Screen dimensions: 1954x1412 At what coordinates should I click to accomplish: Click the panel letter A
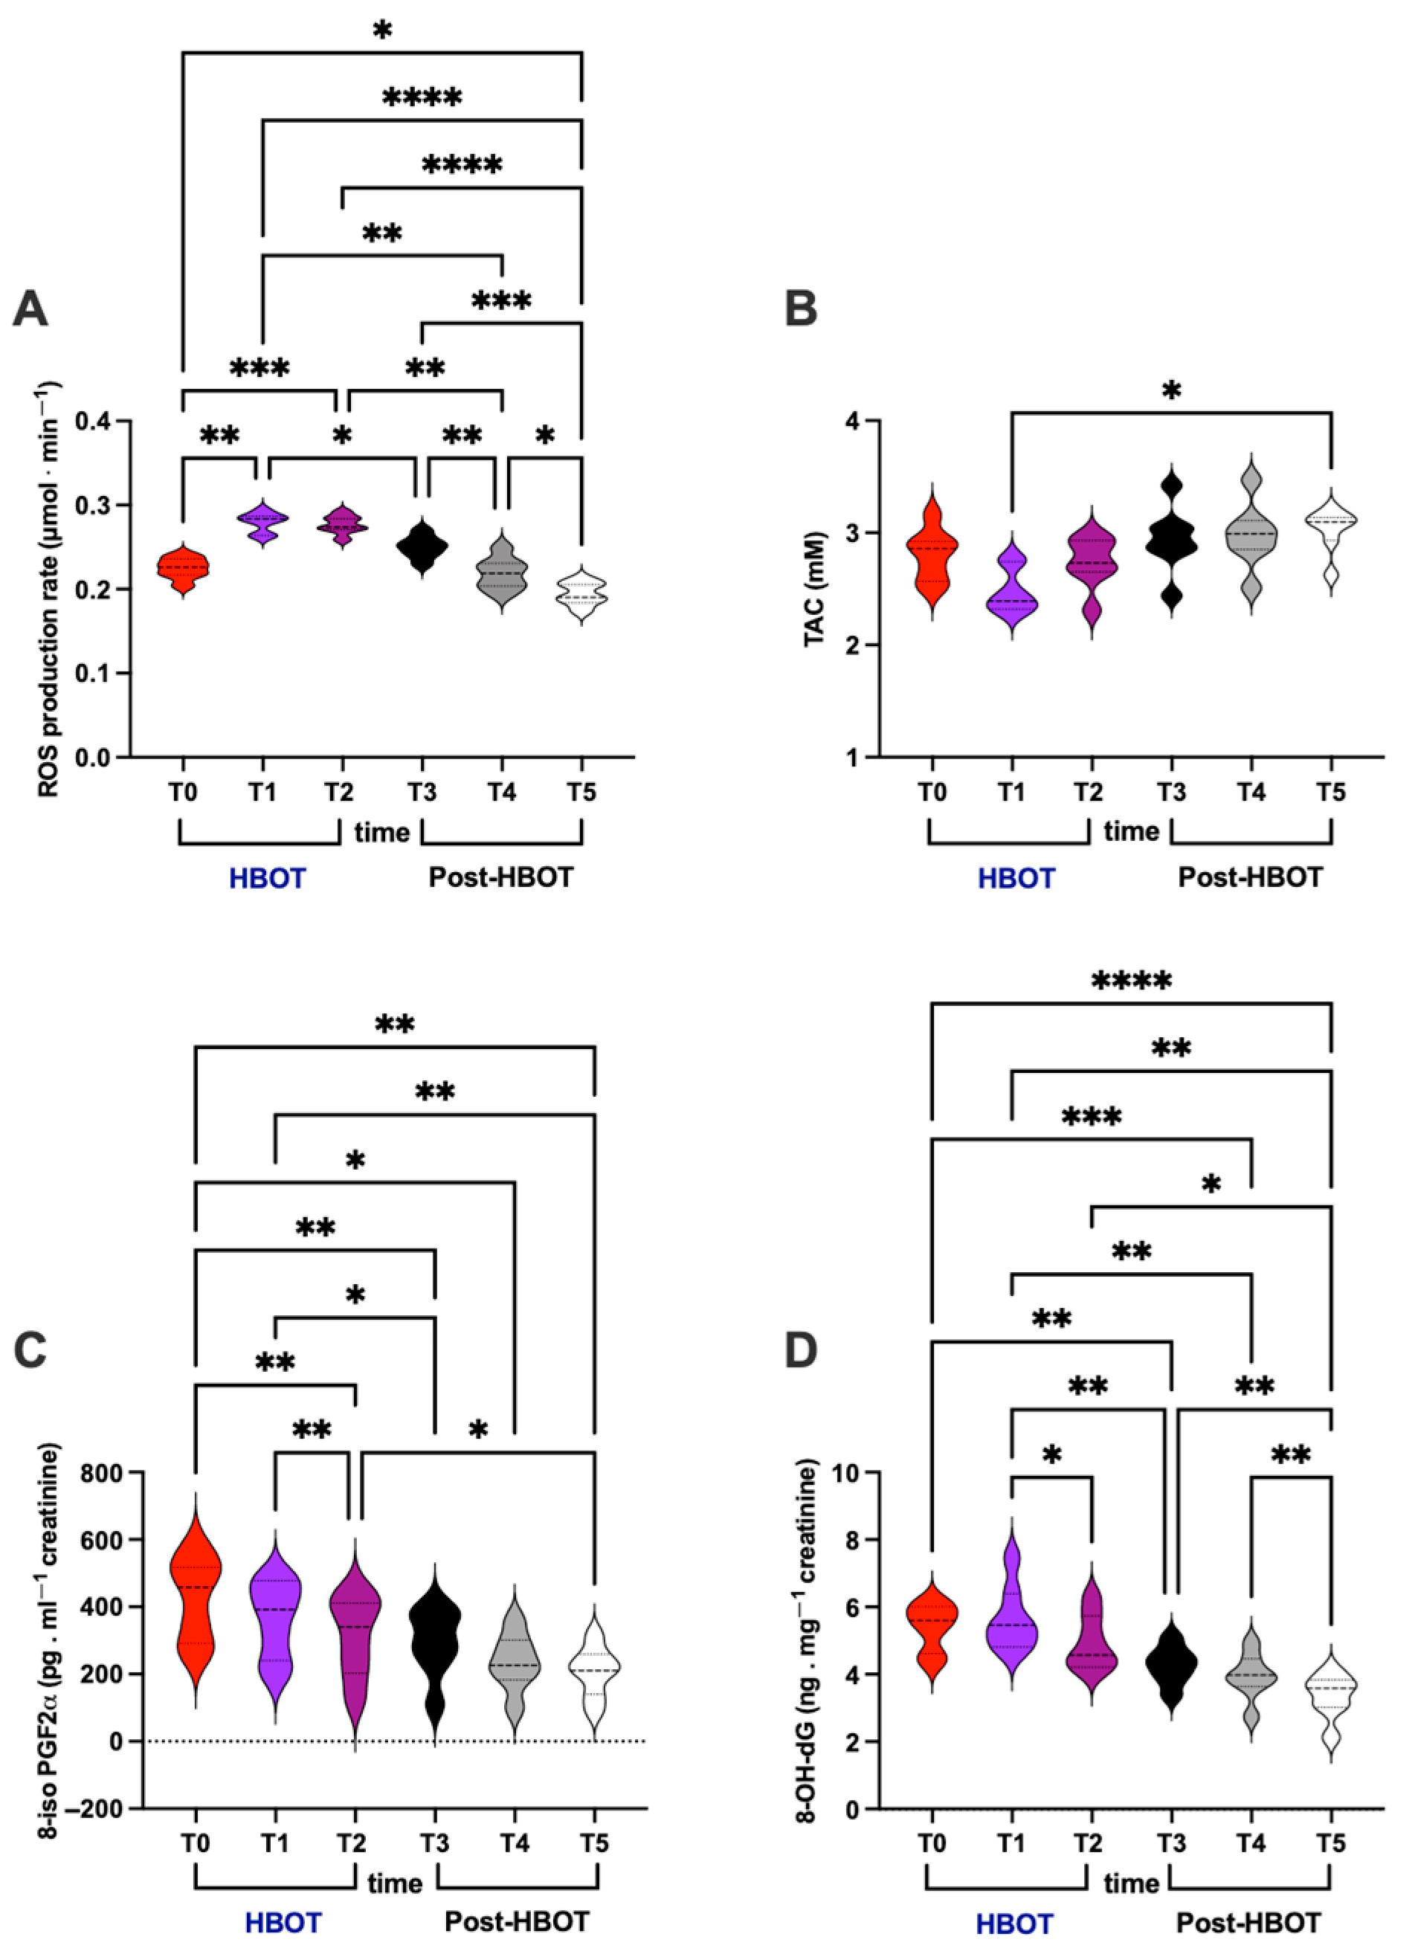tap(30, 309)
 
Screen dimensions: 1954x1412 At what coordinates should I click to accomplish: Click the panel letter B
tap(802, 309)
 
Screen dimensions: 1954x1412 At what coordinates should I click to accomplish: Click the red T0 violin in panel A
tap(183, 569)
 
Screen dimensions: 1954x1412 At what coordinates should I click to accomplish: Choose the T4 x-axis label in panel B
tap(1251, 792)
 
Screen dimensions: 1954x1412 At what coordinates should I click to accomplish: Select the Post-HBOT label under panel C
tap(517, 1922)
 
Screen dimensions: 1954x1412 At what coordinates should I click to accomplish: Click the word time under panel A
tap(381, 832)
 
